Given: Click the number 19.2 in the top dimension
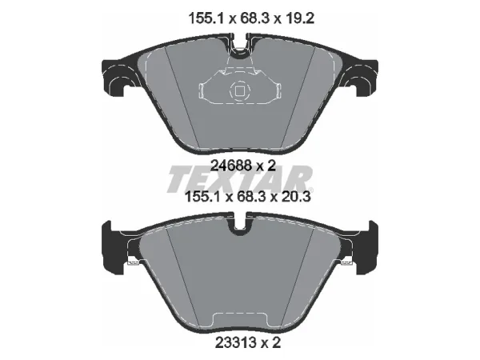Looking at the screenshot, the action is pyautogui.click(x=298, y=18).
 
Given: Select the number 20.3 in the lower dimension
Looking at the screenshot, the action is pyautogui.click(x=294, y=197).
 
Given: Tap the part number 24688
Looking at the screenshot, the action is pyautogui.click(x=232, y=166).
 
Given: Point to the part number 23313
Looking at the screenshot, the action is pyautogui.click(x=236, y=343).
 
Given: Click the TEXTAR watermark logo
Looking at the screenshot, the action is pyautogui.click(x=239, y=179).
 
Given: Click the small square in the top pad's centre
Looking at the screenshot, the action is pyautogui.click(x=239, y=90).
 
